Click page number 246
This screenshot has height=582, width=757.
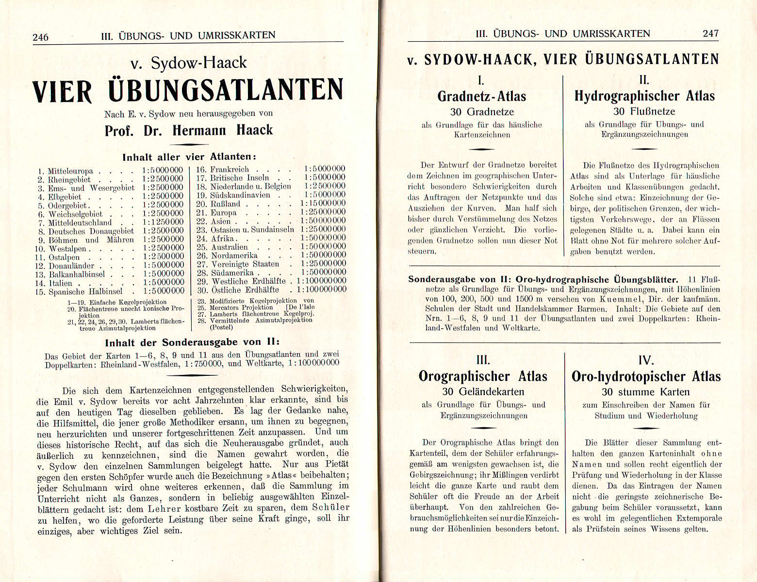coord(40,37)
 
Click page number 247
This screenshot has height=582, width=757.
coord(710,33)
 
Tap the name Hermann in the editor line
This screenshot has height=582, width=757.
coord(199,130)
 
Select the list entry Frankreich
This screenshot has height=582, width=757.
coord(229,169)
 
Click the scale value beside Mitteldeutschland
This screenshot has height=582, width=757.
coord(163,222)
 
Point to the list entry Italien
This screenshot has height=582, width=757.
coord(60,283)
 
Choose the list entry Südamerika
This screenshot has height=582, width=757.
coord(232,273)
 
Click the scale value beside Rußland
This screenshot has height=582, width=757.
coord(322,204)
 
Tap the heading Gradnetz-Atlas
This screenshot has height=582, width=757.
coord(481,96)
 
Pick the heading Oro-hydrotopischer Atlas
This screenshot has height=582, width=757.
coord(646,376)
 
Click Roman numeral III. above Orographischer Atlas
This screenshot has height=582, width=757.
coord(483,360)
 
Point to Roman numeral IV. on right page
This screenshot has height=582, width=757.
coord(646,360)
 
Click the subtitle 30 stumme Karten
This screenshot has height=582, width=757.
coord(645,392)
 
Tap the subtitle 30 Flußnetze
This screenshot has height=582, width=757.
coord(644,112)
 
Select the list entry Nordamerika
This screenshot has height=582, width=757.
coord(234,255)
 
